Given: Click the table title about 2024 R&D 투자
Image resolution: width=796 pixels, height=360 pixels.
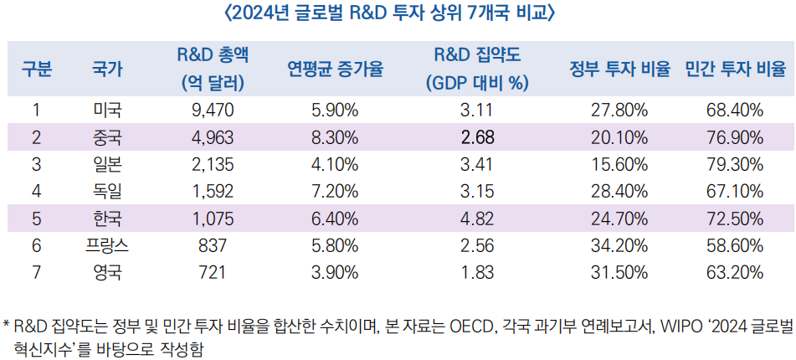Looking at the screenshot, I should click(x=398, y=14).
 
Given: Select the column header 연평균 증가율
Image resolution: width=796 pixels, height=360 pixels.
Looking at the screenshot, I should click(x=335, y=69).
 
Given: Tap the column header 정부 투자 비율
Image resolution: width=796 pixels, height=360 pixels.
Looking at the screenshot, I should click(x=620, y=69).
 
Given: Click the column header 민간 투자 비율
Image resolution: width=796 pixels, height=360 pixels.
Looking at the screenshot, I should click(x=735, y=69).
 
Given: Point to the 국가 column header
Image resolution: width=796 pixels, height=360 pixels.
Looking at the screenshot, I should click(x=107, y=69).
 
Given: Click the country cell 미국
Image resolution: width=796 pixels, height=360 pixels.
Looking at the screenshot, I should click(x=107, y=110).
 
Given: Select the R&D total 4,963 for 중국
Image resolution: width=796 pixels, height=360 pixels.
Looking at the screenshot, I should click(x=212, y=137).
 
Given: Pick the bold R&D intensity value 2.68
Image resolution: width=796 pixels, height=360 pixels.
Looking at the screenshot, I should click(x=477, y=137).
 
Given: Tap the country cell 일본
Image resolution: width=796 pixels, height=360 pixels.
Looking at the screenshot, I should click(x=107, y=164).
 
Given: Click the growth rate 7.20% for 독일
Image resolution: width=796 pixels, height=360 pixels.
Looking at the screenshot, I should click(x=335, y=192).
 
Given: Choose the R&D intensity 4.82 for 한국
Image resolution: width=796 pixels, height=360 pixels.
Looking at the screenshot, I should click(x=477, y=219).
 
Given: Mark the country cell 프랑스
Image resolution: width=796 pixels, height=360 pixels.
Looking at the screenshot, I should click(x=107, y=245).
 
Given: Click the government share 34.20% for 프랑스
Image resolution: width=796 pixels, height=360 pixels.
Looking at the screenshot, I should click(x=620, y=245).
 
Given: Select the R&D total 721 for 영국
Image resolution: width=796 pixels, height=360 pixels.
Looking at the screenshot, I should click(x=212, y=272).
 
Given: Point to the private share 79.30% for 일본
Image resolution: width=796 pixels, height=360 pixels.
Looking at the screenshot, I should click(x=735, y=164).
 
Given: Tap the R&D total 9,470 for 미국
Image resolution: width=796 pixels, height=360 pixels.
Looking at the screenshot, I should click(x=212, y=110).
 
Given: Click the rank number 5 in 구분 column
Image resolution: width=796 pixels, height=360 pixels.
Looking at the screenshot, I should click(x=36, y=219).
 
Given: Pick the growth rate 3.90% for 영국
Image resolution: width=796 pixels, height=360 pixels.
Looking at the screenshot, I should click(x=335, y=272).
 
